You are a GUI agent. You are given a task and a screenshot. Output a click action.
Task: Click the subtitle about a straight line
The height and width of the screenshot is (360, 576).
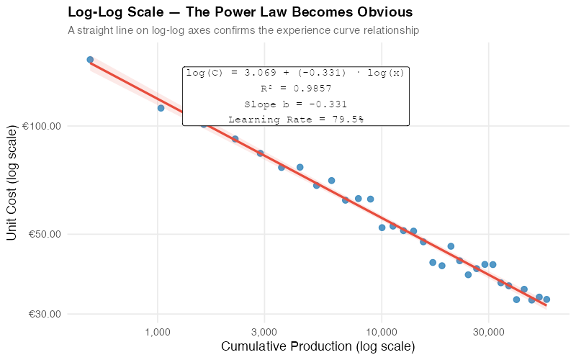[243, 31]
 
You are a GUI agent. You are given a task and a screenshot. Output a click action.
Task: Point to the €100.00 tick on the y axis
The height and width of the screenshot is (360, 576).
[42, 127]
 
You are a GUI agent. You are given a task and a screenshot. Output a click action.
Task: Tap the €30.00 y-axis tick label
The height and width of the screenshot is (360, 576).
[44, 315]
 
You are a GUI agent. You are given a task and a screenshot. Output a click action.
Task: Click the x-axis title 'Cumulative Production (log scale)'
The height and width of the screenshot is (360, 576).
[318, 347]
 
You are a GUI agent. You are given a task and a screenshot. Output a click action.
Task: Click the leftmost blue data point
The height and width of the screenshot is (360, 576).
[90, 60]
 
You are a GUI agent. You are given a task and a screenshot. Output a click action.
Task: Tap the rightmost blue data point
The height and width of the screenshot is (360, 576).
[546, 300]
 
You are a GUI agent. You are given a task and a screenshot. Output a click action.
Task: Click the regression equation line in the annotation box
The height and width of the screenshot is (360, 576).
[295, 73]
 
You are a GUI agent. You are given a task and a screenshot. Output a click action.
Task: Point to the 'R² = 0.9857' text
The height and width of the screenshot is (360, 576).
[295, 89]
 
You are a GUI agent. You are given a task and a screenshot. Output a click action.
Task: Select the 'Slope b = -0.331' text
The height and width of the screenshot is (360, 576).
[295, 104]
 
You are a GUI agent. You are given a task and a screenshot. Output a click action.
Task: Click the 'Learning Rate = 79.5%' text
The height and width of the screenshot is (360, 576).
[295, 120]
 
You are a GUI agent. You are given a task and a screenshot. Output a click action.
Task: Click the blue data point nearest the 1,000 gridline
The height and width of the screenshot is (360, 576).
[161, 108]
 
